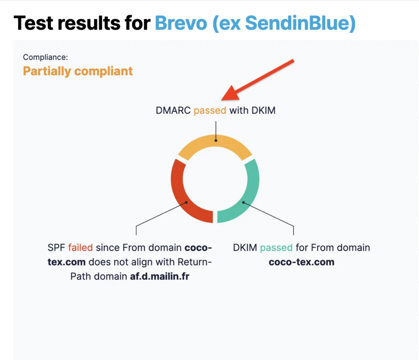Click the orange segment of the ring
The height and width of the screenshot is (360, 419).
215,141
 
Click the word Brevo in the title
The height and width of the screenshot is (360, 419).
181,23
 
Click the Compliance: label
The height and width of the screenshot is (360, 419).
45,57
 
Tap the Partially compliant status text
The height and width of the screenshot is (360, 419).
78,71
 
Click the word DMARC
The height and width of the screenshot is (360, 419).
173,110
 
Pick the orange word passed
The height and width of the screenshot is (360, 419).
210,110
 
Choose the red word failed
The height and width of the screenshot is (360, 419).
81,248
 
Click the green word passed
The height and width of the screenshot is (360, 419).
276,248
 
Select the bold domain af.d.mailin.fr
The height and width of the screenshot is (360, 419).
160,276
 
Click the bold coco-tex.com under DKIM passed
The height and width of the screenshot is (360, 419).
302,262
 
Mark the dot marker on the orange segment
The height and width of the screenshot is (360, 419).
216,140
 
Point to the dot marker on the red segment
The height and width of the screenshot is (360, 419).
186,202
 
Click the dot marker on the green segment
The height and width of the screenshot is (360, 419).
243,202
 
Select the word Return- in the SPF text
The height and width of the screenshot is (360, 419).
194,262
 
